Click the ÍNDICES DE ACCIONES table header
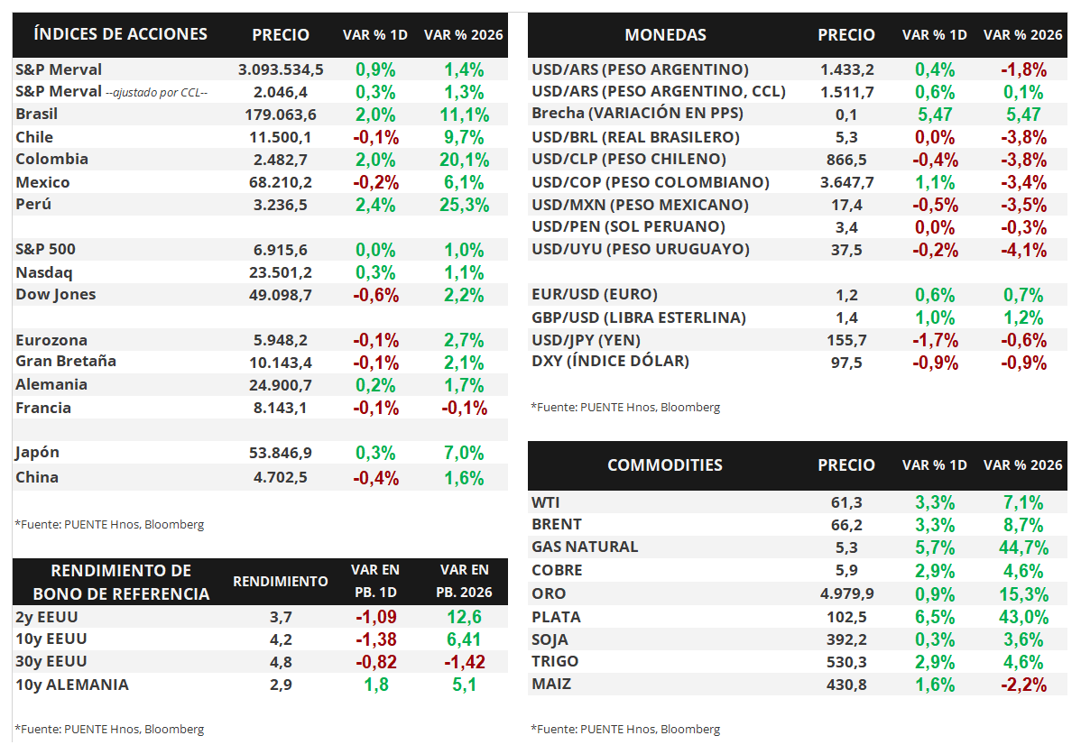(x=120, y=34)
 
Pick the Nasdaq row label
(x=44, y=272)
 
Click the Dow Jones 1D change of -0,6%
(x=376, y=295)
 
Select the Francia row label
(x=43, y=408)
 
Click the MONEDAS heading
(x=665, y=35)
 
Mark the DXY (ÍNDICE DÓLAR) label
(x=610, y=362)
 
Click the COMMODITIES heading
(x=665, y=465)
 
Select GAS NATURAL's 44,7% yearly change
(x=1023, y=547)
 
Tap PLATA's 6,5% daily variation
(x=935, y=617)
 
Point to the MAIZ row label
(x=551, y=684)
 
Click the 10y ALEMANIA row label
(x=72, y=685)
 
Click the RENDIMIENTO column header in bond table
(x=281, y=582)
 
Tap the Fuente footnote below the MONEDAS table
(x=625, y=408)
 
